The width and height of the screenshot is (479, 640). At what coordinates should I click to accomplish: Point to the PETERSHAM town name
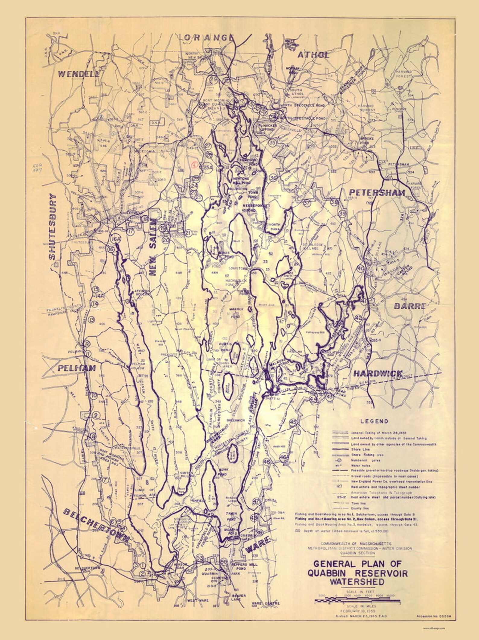point(377,192)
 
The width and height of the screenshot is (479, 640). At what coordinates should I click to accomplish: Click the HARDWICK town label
point(378,373)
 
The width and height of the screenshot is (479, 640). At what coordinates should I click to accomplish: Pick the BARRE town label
point(410,306)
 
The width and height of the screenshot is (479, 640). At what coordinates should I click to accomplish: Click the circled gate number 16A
point(116,239)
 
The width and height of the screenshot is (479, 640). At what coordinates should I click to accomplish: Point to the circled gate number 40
point(360,268)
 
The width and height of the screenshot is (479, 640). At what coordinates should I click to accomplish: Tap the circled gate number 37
point(307,203)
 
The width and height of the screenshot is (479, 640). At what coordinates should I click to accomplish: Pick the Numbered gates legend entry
point(362,461)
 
